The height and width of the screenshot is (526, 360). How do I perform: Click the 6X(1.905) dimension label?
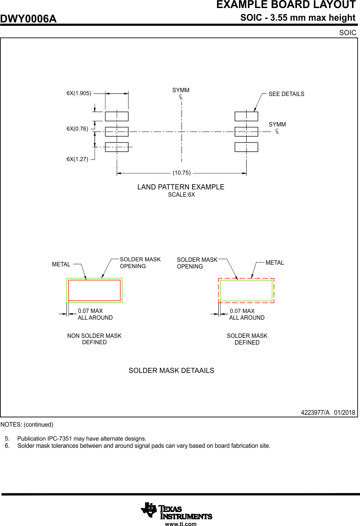pos(79,93)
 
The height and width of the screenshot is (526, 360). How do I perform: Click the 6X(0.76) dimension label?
pos(77,129)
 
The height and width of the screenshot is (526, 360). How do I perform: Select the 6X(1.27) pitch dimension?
pos(77,159)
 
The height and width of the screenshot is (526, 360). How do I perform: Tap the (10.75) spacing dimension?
pos(181,173)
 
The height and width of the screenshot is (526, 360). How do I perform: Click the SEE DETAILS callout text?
pos(286,94)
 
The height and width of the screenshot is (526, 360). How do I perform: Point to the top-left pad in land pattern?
pos(117,116)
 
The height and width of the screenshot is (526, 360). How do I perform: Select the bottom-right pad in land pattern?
pos(246,147)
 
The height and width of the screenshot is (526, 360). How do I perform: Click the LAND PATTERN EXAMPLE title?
pos(181,187)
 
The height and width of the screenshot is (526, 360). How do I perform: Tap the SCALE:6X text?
pos(181,195)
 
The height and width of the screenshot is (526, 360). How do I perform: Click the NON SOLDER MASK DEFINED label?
pos(94,339)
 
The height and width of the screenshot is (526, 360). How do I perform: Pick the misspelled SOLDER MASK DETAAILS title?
pos(171,370)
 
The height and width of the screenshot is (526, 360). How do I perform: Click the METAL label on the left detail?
pos(61,264)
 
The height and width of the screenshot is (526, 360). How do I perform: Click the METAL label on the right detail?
pos(275,263)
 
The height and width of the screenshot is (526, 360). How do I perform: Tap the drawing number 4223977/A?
pos(315,412)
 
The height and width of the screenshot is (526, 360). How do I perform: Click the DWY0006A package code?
pos(28,19)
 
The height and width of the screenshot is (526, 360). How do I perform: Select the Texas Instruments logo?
pos(176,511)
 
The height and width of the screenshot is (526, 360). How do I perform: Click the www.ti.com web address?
pos(181,524)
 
